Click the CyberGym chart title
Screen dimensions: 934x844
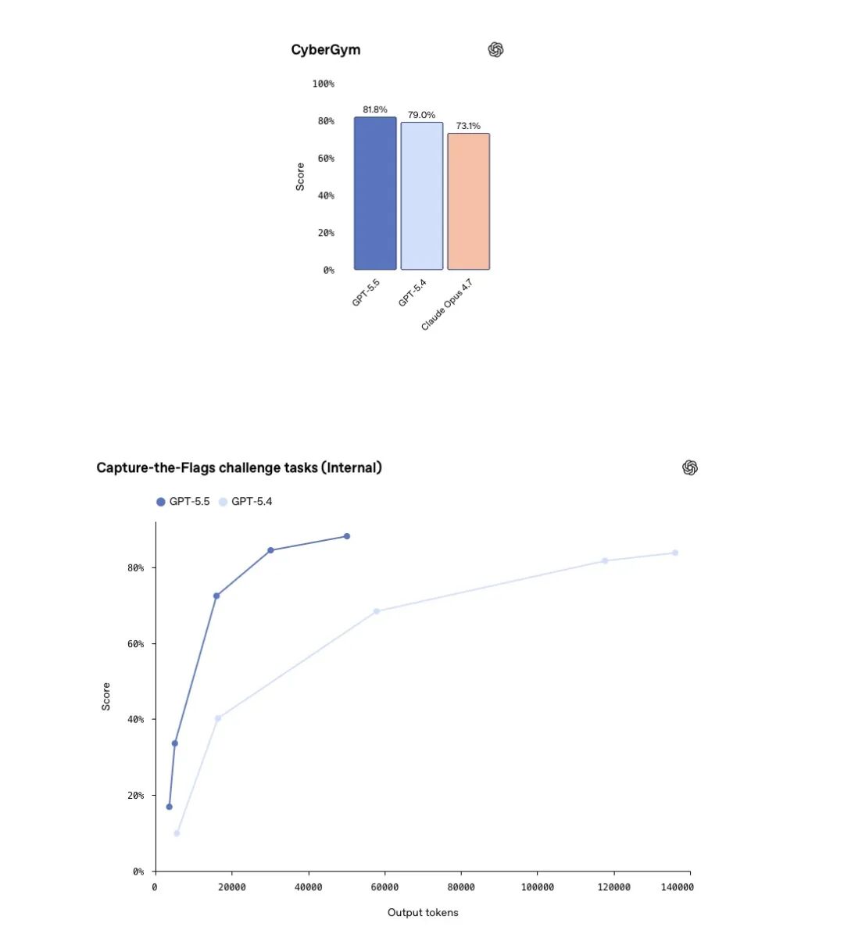point(326,50)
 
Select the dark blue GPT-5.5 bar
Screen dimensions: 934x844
point(375,194)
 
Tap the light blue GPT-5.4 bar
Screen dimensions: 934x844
point(422,196)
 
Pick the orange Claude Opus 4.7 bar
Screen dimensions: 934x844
point(468,202)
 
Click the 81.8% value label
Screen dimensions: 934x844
point(375,109)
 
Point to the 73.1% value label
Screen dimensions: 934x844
point(468,126)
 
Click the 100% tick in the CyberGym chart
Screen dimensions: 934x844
point(323,84)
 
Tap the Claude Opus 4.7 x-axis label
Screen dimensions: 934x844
point(447,306)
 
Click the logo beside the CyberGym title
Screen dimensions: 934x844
point(495,50)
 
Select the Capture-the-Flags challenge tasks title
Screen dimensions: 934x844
point(239,468)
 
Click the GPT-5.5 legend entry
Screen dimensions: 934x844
point(184,502)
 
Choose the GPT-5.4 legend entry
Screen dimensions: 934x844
point(246,502)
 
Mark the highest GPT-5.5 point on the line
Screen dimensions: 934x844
point(347,536)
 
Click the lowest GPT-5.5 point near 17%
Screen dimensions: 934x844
point(169,807)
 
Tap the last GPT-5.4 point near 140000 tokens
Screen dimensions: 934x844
point(675,553)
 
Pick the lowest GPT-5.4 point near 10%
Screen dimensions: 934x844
point(177,833)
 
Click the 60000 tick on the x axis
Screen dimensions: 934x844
point(384,887)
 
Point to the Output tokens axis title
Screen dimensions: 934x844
point(423,913)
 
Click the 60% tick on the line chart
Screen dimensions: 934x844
point(136,644)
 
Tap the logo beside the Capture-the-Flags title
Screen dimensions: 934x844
point(690,467)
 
